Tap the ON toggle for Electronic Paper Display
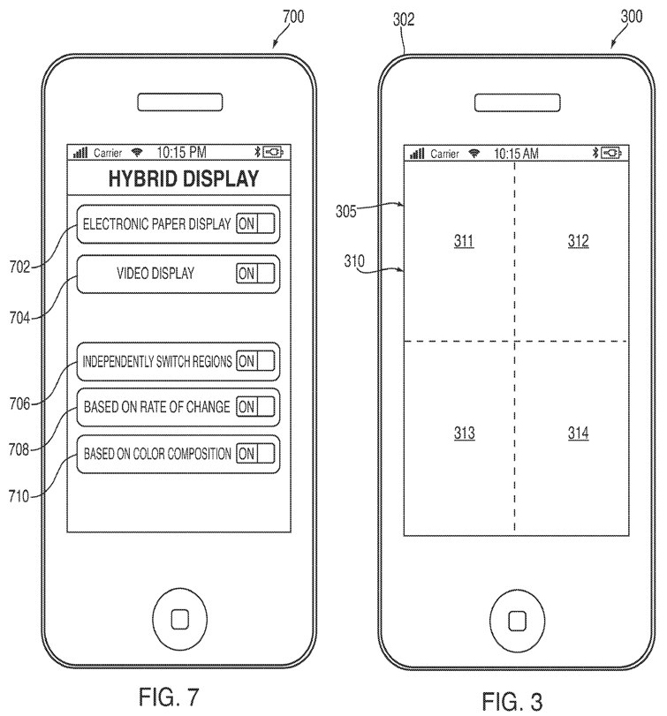tap(255, 224)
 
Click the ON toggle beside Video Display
tap(255, 274)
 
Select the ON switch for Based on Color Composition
tap(255, 454)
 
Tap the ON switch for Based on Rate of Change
tap(255, 407)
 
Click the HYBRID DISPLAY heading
tap(183, 178)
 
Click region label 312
tap(578, 241)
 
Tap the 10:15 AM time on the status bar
tap(516, 154)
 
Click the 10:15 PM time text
tap(181, 152)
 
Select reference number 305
tap(346, 211)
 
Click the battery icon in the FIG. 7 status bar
tap(276, 152)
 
